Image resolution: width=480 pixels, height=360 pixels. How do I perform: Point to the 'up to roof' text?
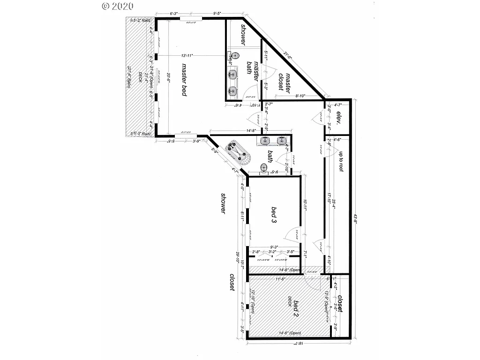point(342,162)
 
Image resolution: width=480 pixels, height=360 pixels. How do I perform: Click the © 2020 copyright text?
point(118,6)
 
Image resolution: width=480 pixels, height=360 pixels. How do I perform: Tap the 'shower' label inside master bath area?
point(243,34)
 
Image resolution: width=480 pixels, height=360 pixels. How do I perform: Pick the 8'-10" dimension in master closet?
point(301,97)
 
